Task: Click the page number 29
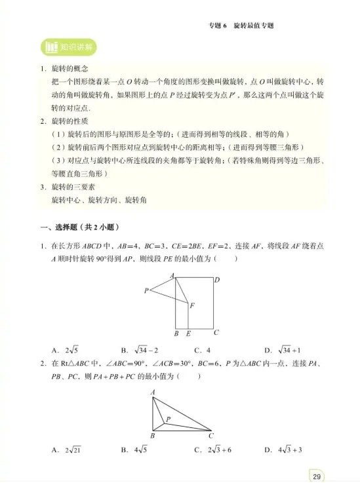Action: (317, 476)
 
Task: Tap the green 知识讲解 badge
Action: (69, 48)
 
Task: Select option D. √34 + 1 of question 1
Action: (282, 350)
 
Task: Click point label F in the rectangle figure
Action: (192, 306)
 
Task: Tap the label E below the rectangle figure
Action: (189, 334)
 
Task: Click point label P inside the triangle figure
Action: (169, 419)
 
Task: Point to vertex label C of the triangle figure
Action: (210, 436)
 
